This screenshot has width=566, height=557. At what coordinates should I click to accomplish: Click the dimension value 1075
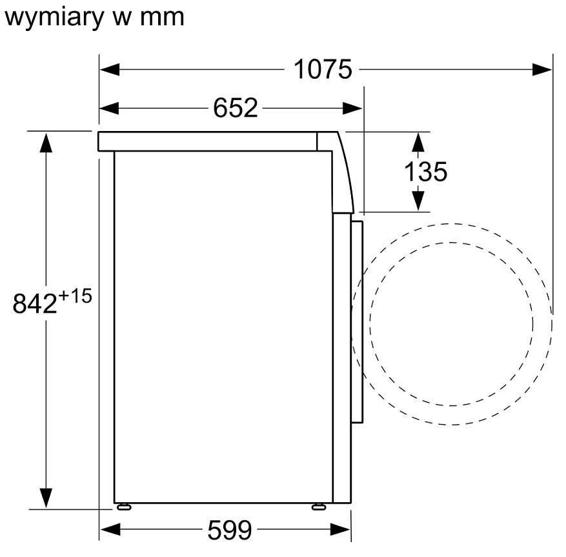coord(323,69)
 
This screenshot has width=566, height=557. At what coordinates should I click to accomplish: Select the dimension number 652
coord(236,108)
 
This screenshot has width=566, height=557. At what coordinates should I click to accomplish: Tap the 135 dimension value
coord(425,171)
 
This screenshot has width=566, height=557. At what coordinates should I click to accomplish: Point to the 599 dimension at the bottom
coord(230,530)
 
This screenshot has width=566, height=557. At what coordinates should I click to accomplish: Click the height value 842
coord(35,303)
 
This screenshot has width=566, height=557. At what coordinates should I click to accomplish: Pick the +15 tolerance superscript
coord(75,296)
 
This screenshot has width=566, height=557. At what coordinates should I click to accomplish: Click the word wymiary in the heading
coord(54,17)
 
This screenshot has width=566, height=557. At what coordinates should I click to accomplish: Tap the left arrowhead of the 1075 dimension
coord(110,69)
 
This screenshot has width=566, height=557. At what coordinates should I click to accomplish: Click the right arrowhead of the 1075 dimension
coord(542,69)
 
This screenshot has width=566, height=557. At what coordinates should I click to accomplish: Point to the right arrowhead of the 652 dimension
coord(352,108)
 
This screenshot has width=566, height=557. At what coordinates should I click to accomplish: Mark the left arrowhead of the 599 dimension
coord(110,530)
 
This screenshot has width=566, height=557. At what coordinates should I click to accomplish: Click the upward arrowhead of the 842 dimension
coord(46,142)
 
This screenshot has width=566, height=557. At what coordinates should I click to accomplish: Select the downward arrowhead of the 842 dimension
coord(46,498)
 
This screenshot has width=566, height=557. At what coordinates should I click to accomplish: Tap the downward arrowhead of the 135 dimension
coord(418,200)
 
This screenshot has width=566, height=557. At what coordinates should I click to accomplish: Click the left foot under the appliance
coord(124,507)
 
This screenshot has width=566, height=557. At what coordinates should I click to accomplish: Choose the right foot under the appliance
coord(319,507)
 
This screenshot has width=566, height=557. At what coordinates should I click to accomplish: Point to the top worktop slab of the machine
coord(208,141)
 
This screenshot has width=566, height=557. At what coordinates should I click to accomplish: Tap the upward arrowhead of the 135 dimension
coord(418,143)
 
